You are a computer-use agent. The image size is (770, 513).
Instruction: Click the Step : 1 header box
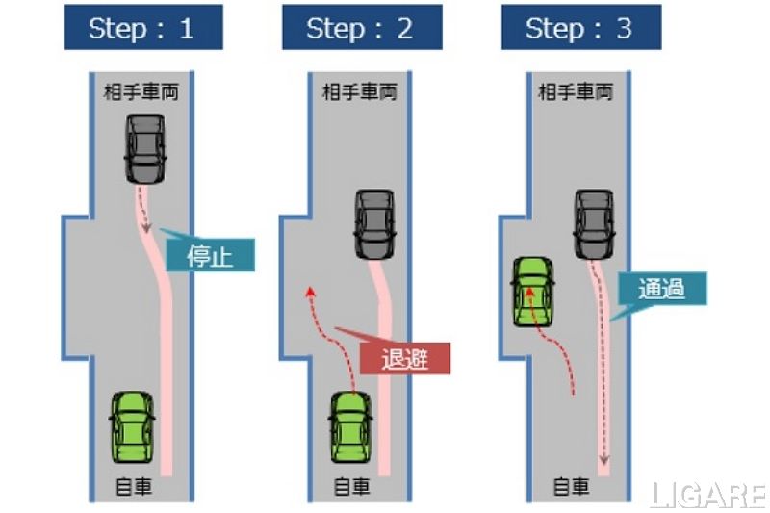pos(141,28)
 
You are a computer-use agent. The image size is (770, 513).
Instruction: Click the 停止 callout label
pos(211,256)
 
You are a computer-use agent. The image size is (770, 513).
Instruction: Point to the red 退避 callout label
pos(404,358)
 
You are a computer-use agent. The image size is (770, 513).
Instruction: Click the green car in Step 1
pos(132,427)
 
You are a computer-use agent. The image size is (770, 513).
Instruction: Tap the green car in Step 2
pos(350,427)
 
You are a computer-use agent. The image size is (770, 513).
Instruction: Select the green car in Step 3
pos(533,292)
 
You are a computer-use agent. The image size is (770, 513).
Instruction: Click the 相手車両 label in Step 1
pos(142,93)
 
